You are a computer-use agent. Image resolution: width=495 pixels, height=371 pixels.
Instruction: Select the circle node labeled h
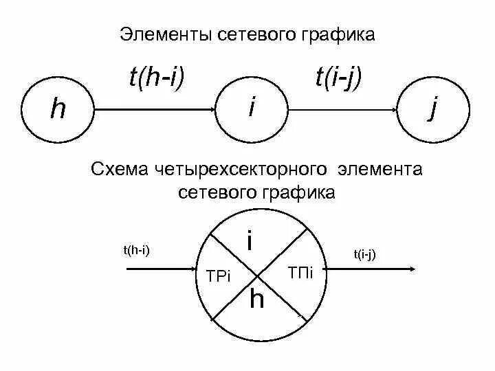[58, 109]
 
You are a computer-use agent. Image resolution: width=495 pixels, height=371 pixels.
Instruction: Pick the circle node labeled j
[433, 109]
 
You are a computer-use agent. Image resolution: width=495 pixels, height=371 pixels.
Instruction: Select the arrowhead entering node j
[394, 109]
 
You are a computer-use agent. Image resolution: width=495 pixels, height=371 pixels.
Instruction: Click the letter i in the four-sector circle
[250, 241]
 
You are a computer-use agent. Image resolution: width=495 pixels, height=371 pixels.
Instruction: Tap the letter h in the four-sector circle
[256, 300]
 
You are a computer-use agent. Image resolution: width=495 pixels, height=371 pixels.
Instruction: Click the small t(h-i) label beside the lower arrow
[136, 250]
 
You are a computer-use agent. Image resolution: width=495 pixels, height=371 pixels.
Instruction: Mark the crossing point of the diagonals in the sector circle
[257, 276]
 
